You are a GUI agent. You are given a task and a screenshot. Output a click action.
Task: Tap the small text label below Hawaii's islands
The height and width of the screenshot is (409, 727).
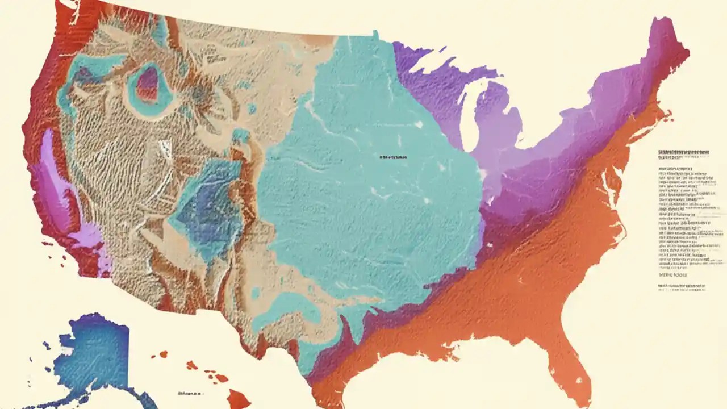pos(190,393)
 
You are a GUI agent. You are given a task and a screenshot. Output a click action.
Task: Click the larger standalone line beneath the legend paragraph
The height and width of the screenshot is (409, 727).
pos(672,274)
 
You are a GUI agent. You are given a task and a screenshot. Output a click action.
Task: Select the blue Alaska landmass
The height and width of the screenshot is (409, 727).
pos(91,352)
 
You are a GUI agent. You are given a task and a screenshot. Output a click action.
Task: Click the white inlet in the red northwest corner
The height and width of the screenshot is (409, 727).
pos(68,5)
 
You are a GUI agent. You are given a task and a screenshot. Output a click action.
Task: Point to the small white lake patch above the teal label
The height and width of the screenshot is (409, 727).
pos(419,124)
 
